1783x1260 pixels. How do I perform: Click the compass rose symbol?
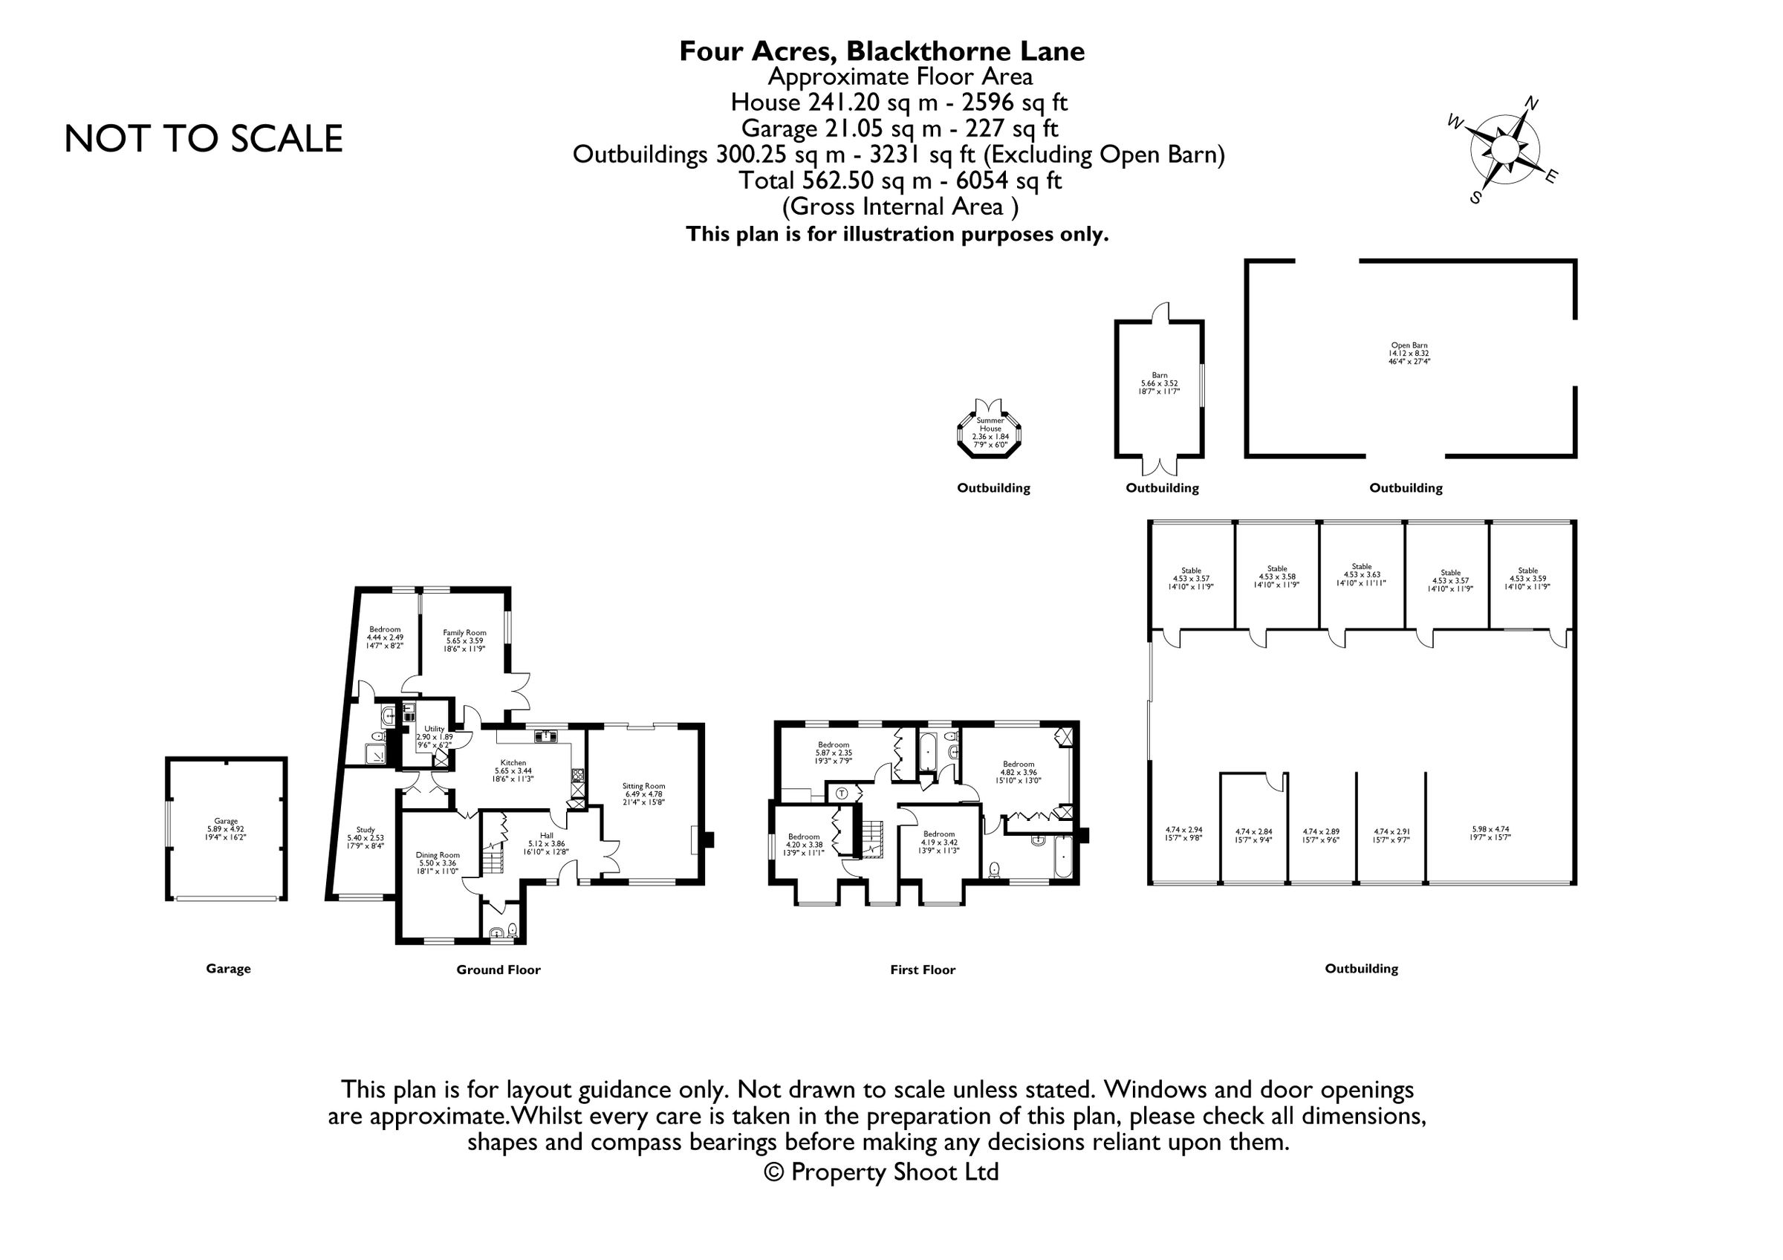coord(1504,149)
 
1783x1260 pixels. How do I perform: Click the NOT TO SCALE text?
coord(203,139)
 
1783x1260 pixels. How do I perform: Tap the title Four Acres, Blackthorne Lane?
coord(881,51)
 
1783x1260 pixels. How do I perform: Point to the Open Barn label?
coord(1409,352)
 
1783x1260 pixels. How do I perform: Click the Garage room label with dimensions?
coord(226,828)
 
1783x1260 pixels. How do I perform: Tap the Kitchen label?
coord(513,770)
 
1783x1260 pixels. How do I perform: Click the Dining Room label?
coord(438,863)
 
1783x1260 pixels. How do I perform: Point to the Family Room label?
coord(464,640)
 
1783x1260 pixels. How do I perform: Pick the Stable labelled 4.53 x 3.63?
coord(1361,574)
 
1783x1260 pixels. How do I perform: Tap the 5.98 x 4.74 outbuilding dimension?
coord(1490,834)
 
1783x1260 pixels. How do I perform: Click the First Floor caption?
coord(923,970)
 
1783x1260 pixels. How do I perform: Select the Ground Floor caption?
coord(498,970)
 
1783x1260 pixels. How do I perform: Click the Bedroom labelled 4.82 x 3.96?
coord(1018,773)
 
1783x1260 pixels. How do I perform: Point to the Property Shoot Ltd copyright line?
coord(881,1172)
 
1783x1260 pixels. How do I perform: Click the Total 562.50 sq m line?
coord(899,181)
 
